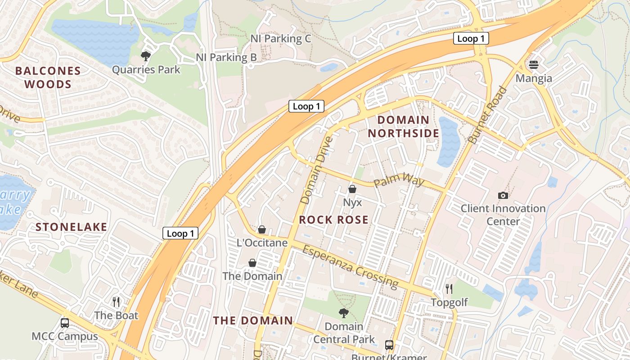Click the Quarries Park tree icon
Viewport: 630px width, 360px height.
(145, 56)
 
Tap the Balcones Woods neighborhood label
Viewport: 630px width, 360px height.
(48, 77)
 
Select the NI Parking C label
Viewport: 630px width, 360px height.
(281, 39)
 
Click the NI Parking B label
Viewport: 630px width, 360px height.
(226, 58)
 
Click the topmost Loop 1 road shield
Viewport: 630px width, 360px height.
(471, 39)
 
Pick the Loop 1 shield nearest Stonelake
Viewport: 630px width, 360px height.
(180, 233)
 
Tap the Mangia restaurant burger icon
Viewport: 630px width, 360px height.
(534, 65)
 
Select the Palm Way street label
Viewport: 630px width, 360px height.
(399, 181)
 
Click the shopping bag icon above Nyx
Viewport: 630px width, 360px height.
(352, 189)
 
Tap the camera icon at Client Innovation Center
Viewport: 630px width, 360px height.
(503, 195)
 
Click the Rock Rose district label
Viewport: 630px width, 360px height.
(334, 220)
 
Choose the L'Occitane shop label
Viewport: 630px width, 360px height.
(262, 243)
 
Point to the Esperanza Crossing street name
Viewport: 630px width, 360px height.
(351, 266)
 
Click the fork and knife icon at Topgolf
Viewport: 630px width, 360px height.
(449, 288)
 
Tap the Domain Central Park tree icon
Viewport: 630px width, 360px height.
(343, 313)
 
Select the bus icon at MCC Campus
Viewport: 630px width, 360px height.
(65, 323)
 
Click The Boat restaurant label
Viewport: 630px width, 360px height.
(116, 315)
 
